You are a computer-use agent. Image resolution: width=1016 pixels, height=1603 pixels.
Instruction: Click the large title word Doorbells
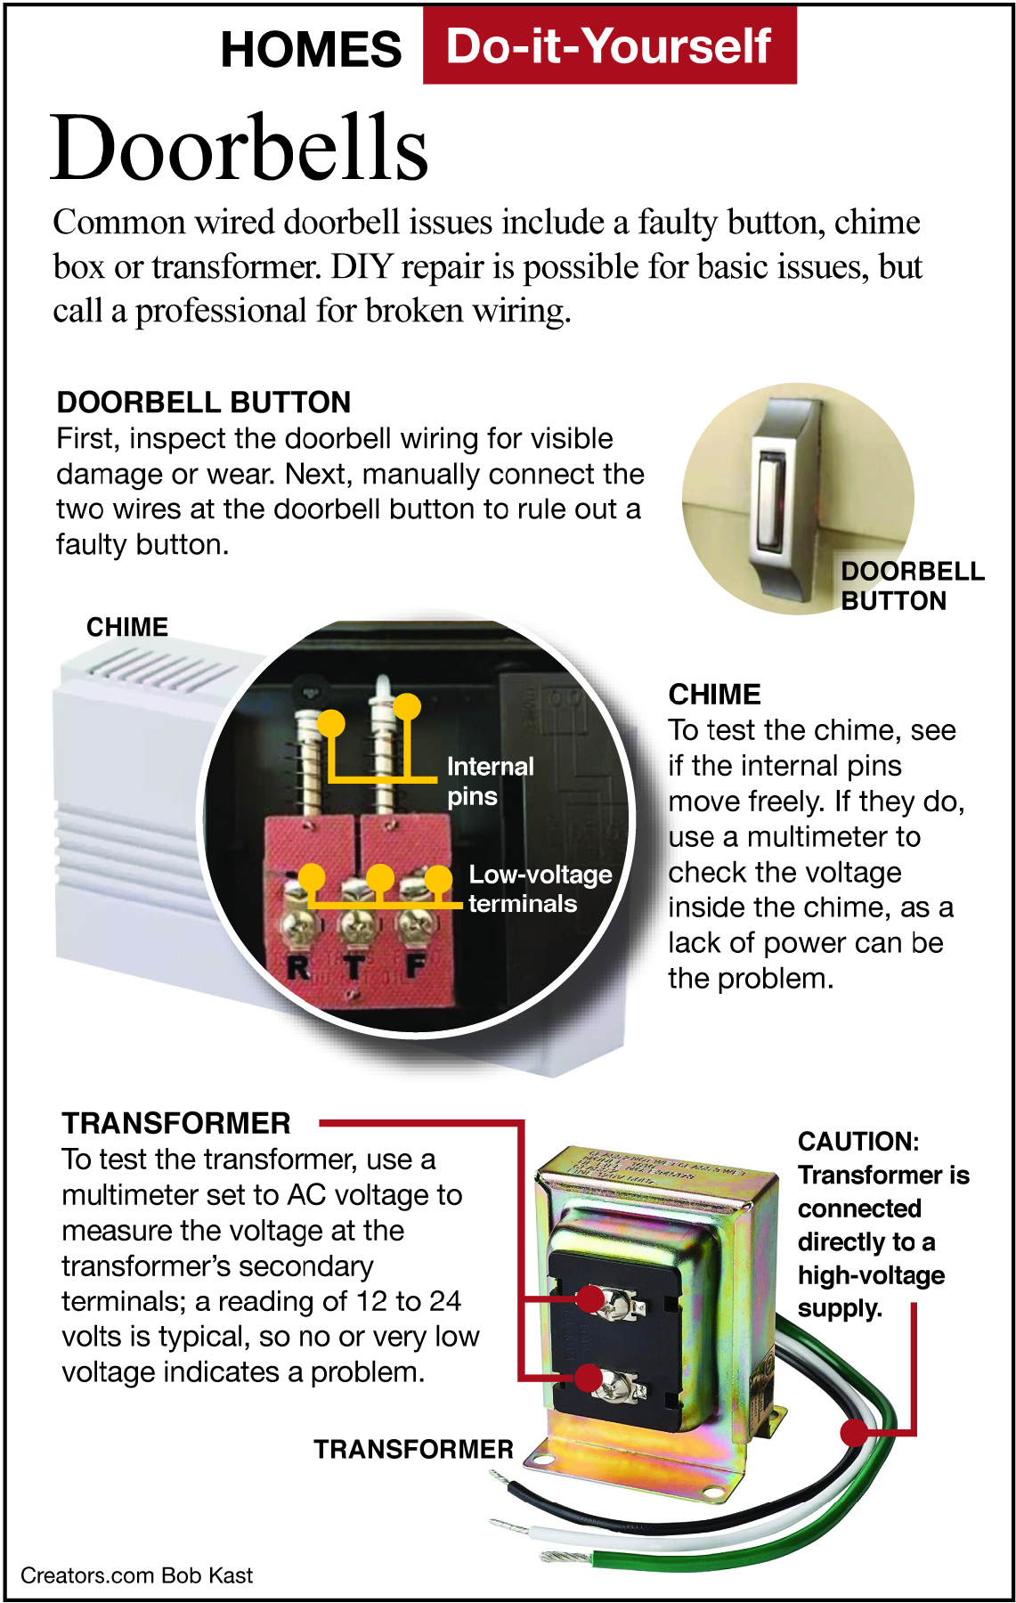(x=240, y=147)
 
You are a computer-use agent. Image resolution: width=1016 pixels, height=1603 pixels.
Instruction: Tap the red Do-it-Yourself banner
(x=609, y=45)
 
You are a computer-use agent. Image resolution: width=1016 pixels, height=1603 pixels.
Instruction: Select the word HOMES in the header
(x=311, y=49)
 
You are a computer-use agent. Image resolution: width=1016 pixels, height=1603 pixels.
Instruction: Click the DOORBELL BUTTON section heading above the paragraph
(x=204, y=403)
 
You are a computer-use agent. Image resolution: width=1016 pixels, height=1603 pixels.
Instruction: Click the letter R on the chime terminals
(x=298, y=966)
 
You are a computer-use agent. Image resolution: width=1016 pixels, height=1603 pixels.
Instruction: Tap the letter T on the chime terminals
(x=354, y=967)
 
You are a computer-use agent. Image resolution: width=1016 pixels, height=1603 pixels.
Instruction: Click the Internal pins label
(x=491, y=781)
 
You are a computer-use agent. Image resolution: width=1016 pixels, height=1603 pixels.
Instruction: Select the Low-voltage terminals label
(x=541, y=889)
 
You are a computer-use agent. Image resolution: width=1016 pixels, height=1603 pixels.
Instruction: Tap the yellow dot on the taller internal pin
(x=407, y=707)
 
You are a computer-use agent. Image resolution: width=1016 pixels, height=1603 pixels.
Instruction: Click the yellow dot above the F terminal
(x=438, y=879)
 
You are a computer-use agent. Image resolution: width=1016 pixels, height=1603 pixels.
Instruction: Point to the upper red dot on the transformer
(x=589, y=1298)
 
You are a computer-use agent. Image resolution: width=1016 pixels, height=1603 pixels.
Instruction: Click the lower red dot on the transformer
(x=588, y=1378)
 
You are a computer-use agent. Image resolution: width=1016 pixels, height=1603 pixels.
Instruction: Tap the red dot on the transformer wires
(x=854, y=1432)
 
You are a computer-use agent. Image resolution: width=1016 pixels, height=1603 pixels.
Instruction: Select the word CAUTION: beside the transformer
(x=858, y=1142)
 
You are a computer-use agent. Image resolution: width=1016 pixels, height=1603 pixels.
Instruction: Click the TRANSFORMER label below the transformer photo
(x=413, y=1450)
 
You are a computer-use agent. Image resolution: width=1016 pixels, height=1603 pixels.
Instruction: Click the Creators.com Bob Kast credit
(x=136, y=1575)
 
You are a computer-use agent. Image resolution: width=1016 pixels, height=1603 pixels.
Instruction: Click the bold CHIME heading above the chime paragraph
(x=715, y=695)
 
